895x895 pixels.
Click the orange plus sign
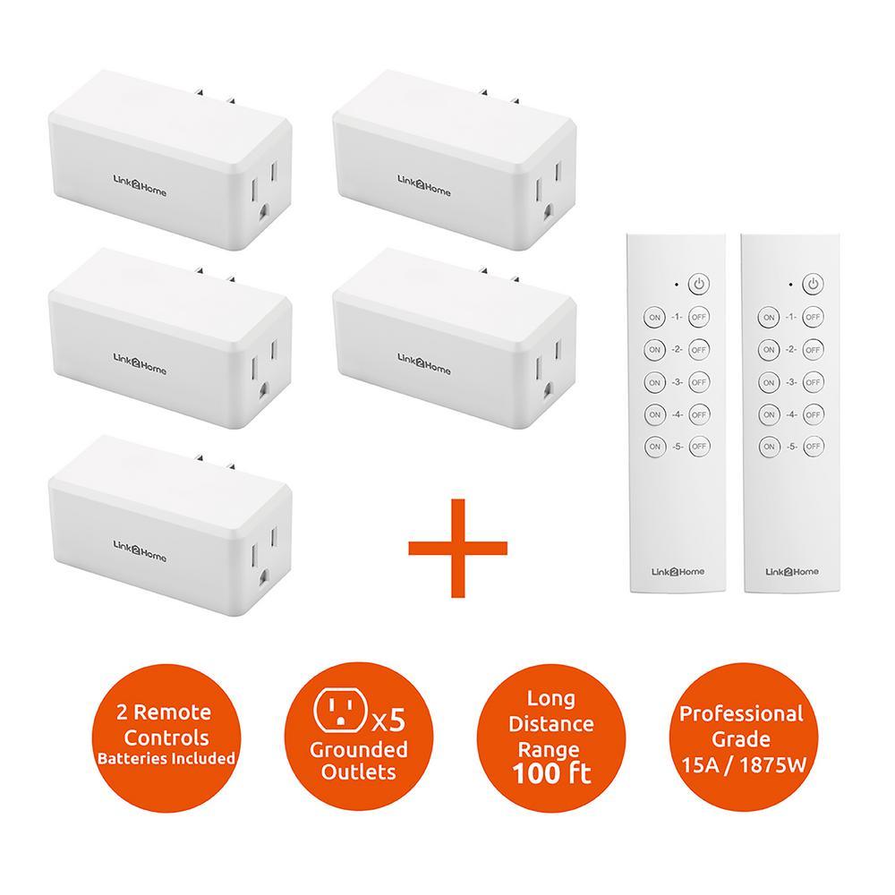(x=457, y=548)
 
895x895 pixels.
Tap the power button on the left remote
(x=699, y=284)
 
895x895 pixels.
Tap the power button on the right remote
(x=813, y=284)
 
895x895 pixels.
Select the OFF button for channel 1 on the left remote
(x=699, y=317)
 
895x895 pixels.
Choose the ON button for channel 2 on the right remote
(x=769, y=349)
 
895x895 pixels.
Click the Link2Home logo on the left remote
(x=678, y=571)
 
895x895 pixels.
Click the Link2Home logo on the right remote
(x=792, y=571)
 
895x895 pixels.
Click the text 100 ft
(x=551, y=774)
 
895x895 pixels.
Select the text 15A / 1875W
(x=743, y=765)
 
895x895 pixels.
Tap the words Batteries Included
(x=166, y=759)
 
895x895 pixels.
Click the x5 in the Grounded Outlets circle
(x=388, y=720)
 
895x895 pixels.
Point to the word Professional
(x=741, y=713)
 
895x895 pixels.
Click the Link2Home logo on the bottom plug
(x=140, y=551)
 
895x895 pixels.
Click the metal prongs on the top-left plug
(x=215, y=96)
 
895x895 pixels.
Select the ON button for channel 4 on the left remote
(x=655, y=414)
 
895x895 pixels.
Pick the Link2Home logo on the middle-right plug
(x=424, y=363)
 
